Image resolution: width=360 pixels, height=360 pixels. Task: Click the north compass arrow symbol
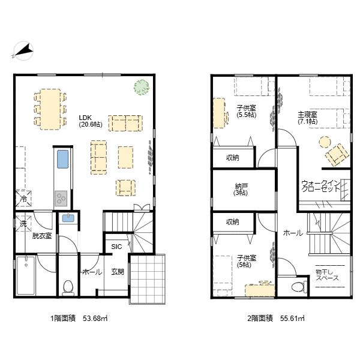tap(23, 51)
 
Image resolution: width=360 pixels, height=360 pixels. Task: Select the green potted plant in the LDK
tap(142, 87)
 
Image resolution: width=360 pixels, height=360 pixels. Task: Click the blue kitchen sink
tap(62, 159)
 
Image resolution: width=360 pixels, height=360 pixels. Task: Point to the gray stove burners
tap(61, 199)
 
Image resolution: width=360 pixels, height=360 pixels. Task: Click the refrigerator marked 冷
tap(23, 199)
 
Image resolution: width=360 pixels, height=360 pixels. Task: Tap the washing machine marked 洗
tap(23, 223)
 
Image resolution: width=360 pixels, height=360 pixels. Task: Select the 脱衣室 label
tap(42, 236)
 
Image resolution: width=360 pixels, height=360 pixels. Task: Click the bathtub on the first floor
tap(26, 275)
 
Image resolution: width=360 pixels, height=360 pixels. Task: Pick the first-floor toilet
tap(68, 287)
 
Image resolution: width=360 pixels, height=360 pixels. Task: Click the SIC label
tap(116, 247)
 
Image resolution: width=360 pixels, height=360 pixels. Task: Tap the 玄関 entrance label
tap(118, 272)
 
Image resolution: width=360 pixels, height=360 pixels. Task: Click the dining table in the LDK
tap(50, 110)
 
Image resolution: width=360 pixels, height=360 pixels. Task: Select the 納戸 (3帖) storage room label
tap(241, 190)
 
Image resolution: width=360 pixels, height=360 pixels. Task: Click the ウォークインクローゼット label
tap(320, 186)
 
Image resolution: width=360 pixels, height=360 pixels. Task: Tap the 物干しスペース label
tap(327, 275)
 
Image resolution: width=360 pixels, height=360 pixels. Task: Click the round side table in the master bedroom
tap(325, 142)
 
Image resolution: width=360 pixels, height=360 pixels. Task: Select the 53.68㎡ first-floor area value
tap(95, 319)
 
